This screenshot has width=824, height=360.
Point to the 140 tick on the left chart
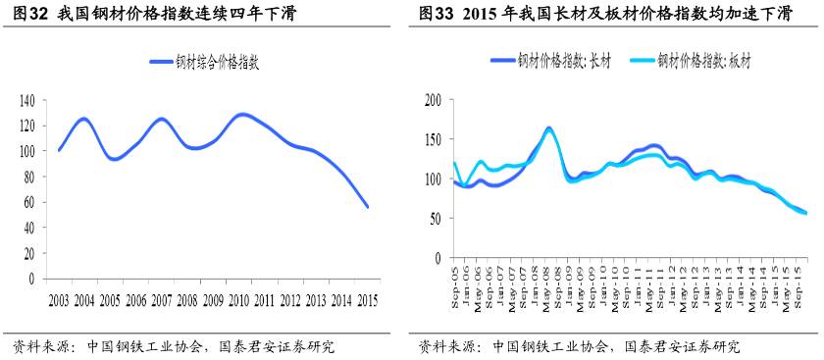(26, 100)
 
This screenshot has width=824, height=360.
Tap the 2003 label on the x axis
(59, 299)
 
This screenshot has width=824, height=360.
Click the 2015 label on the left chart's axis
(368, 299)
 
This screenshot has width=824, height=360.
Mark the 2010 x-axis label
(239, 299)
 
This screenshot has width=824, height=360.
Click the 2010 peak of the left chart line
(242, 115)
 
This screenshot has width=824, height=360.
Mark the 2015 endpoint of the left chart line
(368, 207)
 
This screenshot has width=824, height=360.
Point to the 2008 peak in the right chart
(548, 129)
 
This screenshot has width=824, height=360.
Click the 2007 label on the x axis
(162, 299)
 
